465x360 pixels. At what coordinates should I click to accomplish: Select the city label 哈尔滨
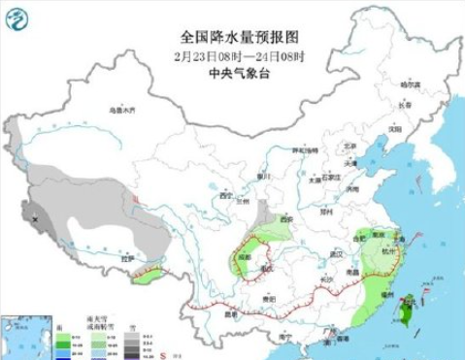pyautogui.click(x=411, y=84)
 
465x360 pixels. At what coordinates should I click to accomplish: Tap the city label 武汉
pyautogui.click(x=338, y=253)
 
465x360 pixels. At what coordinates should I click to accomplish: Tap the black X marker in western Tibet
pyautogui.click(x=37, y=221)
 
